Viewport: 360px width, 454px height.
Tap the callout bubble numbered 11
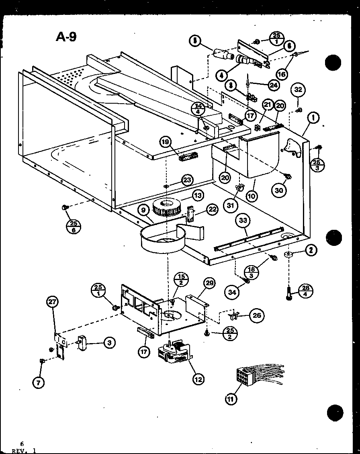(231, 399)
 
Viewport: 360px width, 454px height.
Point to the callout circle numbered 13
(198, 196)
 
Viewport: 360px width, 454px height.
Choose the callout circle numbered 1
(313, 117)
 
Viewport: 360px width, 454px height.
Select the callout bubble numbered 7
(38, 383)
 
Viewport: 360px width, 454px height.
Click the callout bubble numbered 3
(108, 343)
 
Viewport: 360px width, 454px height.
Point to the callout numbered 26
(256, 315)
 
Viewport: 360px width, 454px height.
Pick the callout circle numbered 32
(298, 90)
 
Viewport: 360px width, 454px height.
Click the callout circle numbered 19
(165, 141)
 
